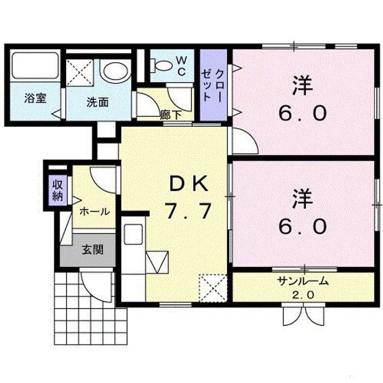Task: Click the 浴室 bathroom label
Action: pos(35,99)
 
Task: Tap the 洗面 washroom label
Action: pos(97,102)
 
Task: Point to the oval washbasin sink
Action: pos(115,71)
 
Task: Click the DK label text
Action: pos(188,184)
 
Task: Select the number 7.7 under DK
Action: pos(188,212)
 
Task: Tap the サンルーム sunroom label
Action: pos(302,282)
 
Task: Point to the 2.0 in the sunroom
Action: pos(303,294)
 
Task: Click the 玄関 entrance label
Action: pos(92,249)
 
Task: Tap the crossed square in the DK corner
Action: pos(211,288)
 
